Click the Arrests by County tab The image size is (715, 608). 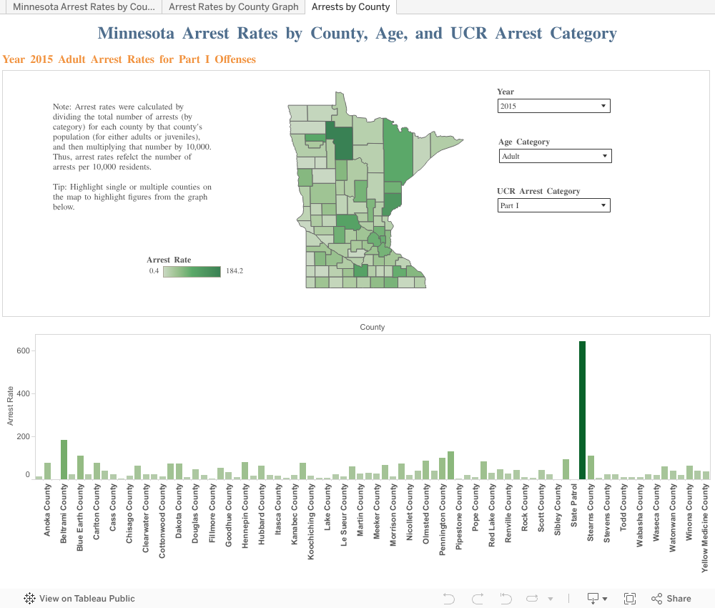coord(350,7)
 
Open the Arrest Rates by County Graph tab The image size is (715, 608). coord(233,7)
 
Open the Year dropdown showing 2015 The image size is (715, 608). coord(553,106)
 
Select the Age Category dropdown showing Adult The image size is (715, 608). coord(554,156)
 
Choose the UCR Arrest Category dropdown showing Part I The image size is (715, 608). coord(553,205)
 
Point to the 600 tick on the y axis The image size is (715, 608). coord(21,351)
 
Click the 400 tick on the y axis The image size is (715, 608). coord(21,394)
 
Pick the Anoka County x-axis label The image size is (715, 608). coord(47,511)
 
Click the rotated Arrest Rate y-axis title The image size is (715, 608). coord(11,406)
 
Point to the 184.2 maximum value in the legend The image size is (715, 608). coord(234,271)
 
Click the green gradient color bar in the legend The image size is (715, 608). coord(192,271)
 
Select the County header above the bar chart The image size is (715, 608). coord(373,327)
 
